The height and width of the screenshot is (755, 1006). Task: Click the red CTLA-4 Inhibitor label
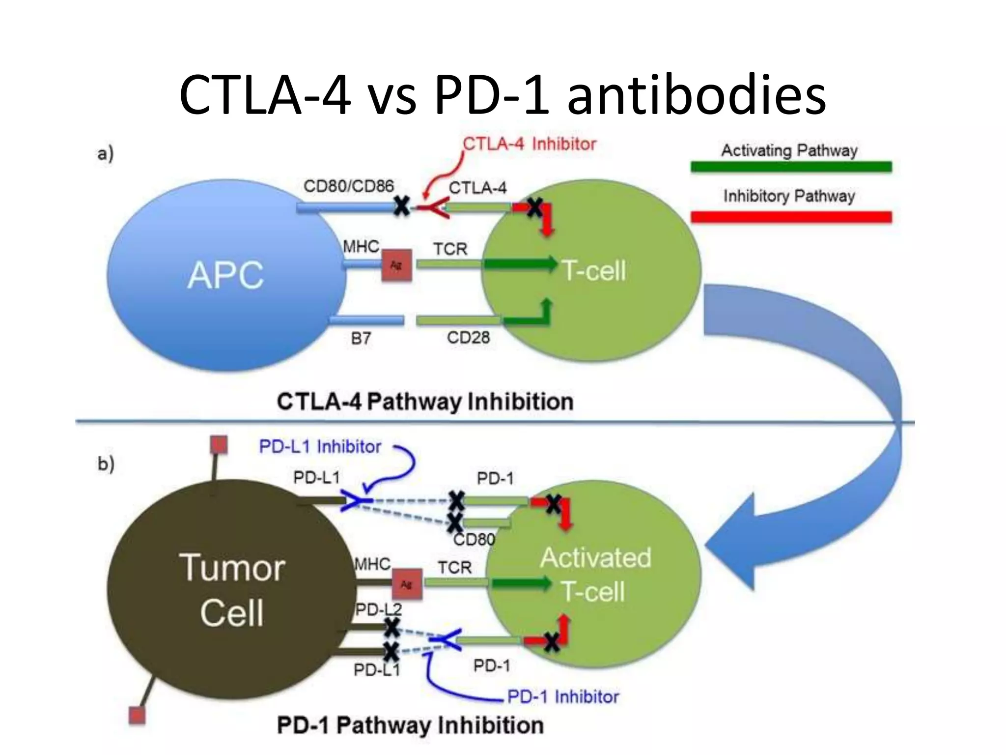pyautogui.click(x=529, y=144)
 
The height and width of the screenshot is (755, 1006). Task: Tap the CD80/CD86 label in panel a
pyautogui.click(x=348, y=186)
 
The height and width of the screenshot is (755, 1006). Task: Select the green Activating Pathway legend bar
pyautogui.click(x=791, y=167)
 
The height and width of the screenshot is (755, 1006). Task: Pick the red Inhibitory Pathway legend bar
pyautogui.click(x=791, y=217)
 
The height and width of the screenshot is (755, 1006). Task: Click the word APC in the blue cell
pyautogui.click(x=225, y=275)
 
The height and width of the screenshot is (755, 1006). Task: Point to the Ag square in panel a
pyautogui.click(x=396, y=265)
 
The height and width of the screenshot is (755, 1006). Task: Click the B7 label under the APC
pyautogui.click(x=361, y=339)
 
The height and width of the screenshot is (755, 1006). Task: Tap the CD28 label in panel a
pyautogui.click(x=468, y=338)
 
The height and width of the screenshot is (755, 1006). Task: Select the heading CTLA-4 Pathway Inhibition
pyautogui.click(x=425, y=402)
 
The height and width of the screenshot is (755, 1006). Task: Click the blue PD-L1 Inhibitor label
pyautogui.click(x=320, y=447)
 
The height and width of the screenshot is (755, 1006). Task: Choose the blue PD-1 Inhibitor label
pyautogui.click(x=563, y=697)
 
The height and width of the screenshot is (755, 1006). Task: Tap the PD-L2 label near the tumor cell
pyautogui.click(x=378, y=610)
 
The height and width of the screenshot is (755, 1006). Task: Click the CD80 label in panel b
pyautogui.click(x=474, y=540)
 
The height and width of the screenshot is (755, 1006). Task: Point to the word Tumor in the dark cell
pyautogui.click(x=232, y=568)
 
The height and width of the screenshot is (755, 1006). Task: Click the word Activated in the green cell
pyautogui.click(x=596, y=557)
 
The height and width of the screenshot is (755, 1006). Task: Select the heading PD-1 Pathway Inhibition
pyautogui.click(x=410, y=726)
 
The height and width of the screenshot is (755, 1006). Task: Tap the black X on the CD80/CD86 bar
pyautogui.click(x=402, y=206)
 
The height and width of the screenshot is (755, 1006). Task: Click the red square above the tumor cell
pyautogui.click(x=219, y=445)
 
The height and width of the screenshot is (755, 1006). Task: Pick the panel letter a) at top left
pyautogui.click(x=105, y=153)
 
